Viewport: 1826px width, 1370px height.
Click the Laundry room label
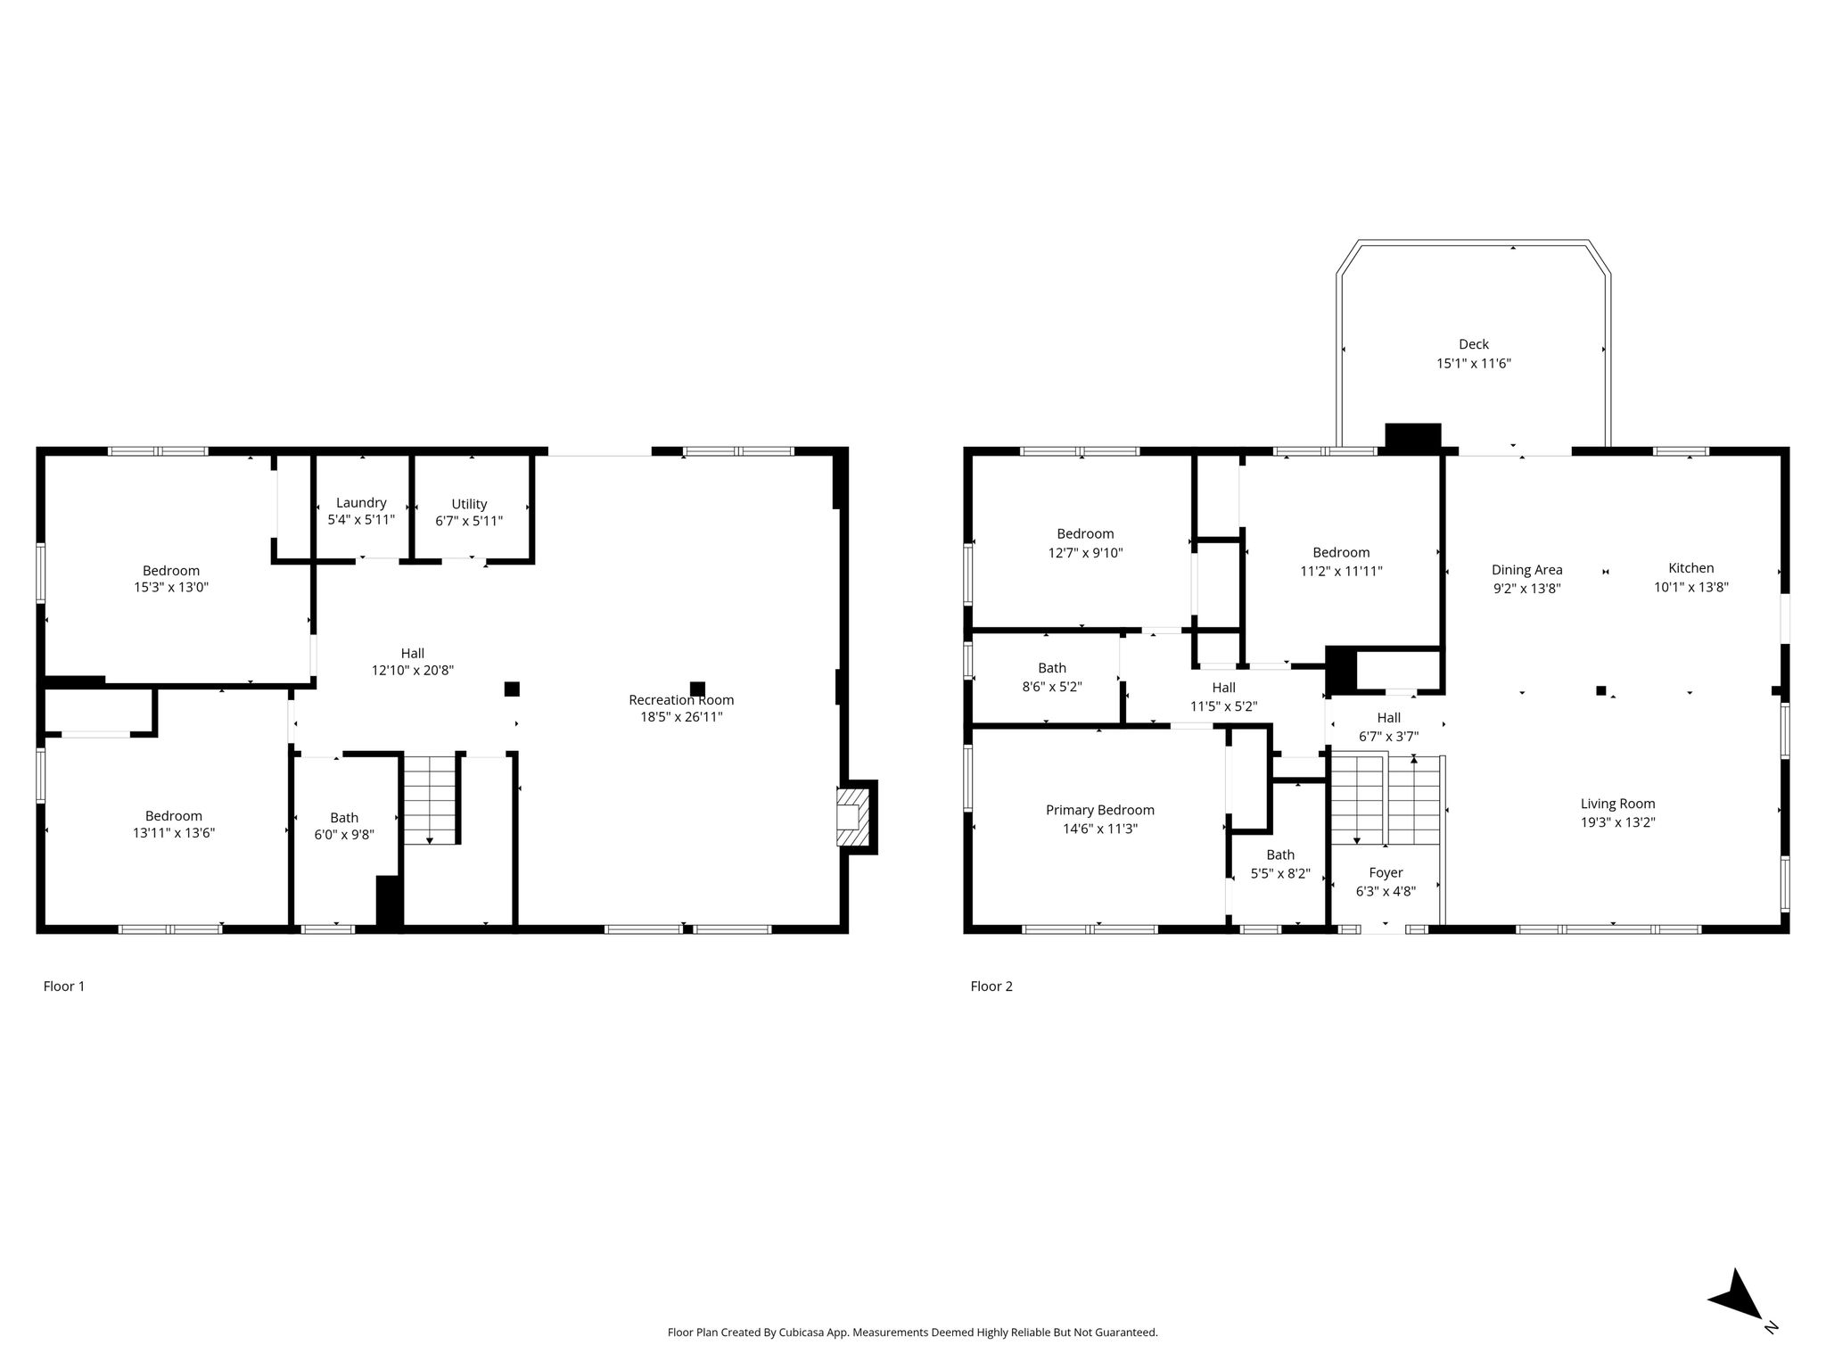pos(361,503)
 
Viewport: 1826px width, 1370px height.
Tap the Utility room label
pos(469,504)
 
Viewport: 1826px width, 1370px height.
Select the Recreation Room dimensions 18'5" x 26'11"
pos(681,716)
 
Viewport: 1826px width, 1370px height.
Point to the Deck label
pos(1474,344)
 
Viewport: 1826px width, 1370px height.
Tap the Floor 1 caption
pos(64,986)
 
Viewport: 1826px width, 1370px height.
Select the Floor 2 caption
pos(991,986)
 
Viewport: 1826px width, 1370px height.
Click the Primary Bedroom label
pos(1100,810)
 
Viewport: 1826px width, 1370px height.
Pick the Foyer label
pos(1386,872)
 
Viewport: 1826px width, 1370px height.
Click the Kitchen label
pos(1691,568)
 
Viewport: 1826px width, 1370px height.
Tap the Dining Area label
pos(1527,570)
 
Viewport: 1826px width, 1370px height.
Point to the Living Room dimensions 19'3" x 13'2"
pos(1618,822)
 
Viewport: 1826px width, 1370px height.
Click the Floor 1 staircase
pos(430,799)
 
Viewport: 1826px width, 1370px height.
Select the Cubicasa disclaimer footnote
pos(913,1333)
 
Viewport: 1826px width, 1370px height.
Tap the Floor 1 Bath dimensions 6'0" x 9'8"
pos(344,836)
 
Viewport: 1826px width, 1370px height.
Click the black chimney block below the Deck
pos(1413,436)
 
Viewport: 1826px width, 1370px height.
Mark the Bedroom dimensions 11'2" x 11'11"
pos(1342,571)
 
